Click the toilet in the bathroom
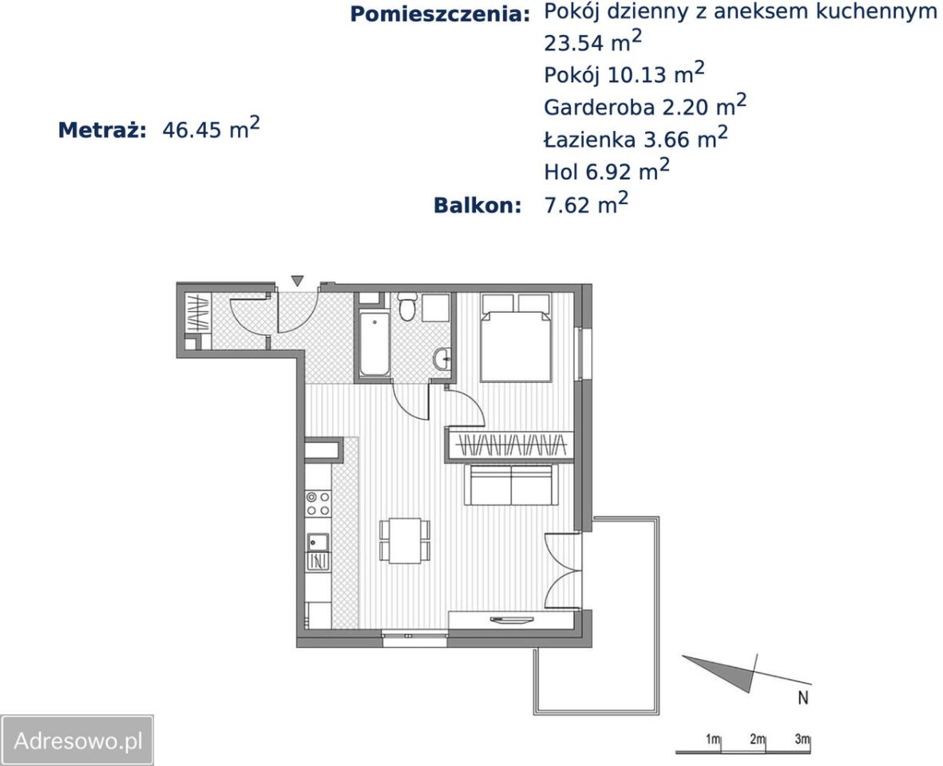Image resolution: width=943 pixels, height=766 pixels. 406,306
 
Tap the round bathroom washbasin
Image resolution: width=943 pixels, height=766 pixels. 442,359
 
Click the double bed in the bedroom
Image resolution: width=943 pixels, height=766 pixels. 515,338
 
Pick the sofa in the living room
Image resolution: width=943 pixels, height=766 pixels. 509,485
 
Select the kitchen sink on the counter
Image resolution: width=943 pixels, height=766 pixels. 318,542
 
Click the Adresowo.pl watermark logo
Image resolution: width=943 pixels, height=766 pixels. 77,740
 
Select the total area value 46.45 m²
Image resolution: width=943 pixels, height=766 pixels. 211,129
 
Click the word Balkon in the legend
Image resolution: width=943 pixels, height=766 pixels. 477,205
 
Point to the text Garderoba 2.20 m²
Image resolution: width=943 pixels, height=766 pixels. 645,106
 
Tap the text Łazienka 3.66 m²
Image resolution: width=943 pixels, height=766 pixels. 636,139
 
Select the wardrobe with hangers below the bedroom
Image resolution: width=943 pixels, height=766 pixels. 509,444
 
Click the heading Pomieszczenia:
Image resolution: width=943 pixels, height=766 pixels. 440,14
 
